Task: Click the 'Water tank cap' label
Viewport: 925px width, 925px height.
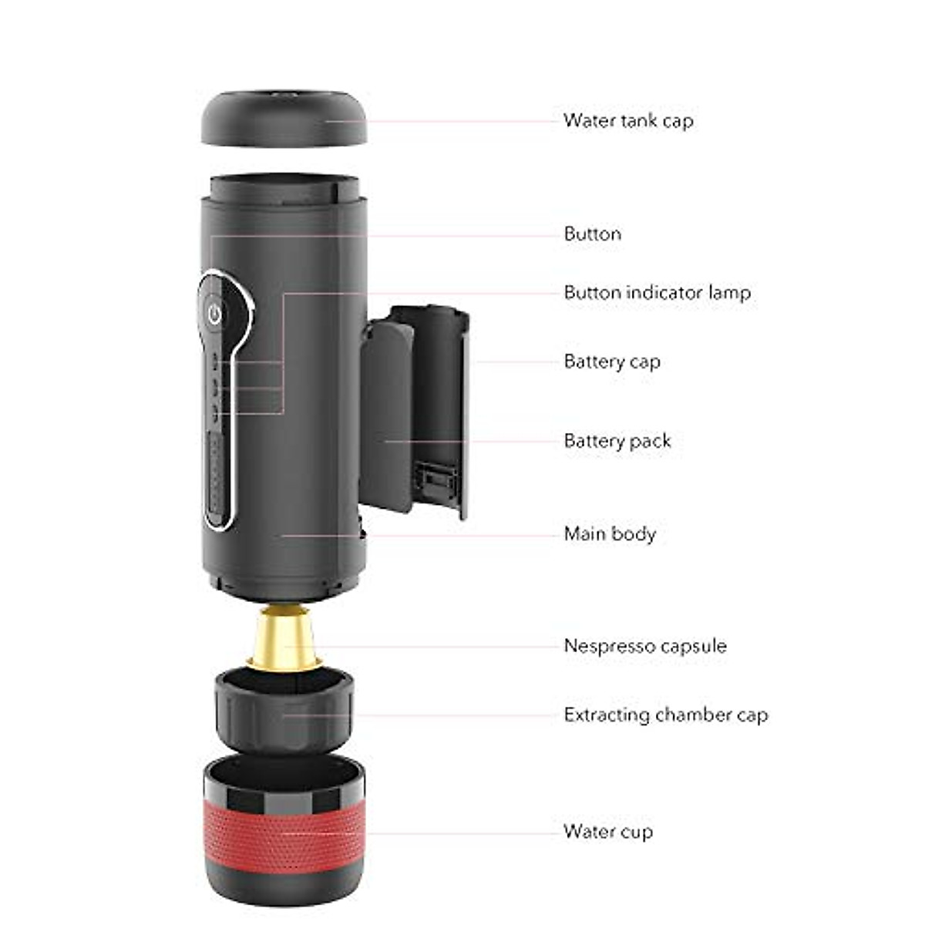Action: [627, 121]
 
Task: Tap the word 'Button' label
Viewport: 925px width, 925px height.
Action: [592, 234]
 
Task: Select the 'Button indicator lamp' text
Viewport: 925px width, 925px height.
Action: [657, 293]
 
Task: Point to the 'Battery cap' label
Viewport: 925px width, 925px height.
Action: [612, 362]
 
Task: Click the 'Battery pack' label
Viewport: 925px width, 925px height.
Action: [617, 442]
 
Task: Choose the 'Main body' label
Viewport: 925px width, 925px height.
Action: [610, 534]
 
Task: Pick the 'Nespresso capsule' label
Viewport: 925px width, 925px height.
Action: [645, 646]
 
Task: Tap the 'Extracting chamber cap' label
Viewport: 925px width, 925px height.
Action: [665, 715]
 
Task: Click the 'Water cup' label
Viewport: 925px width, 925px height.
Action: [607, 832]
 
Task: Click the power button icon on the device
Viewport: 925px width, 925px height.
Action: [215, 313]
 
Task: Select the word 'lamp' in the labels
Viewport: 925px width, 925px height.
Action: [729, 293]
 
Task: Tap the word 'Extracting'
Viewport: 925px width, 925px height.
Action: [607, 715]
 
